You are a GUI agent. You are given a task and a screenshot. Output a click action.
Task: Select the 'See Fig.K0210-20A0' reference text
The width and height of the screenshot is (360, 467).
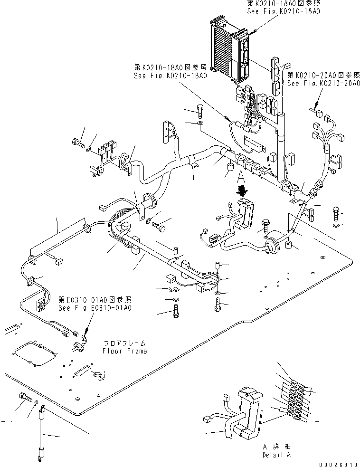(x=323, y=83)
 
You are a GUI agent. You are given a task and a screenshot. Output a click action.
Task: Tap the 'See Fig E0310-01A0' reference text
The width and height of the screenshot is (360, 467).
(x=95, y=307)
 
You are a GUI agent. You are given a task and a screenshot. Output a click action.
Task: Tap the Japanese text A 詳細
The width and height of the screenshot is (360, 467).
(x=277, y=447)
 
